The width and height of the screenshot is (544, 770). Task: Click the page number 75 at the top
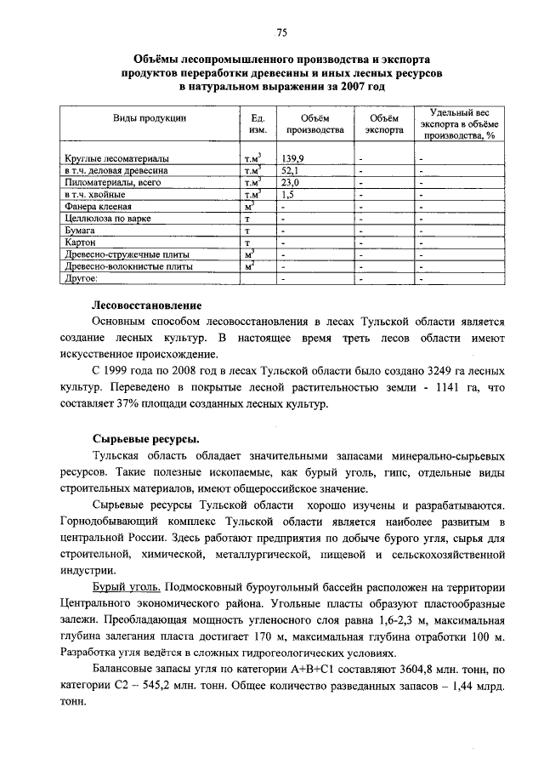281,32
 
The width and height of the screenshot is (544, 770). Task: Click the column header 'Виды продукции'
150,117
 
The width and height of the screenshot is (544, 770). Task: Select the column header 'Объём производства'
314,124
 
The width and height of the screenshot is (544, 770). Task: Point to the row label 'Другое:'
82,277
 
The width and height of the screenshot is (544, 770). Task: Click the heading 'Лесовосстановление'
146,304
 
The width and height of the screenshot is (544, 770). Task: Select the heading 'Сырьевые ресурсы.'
145,438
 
